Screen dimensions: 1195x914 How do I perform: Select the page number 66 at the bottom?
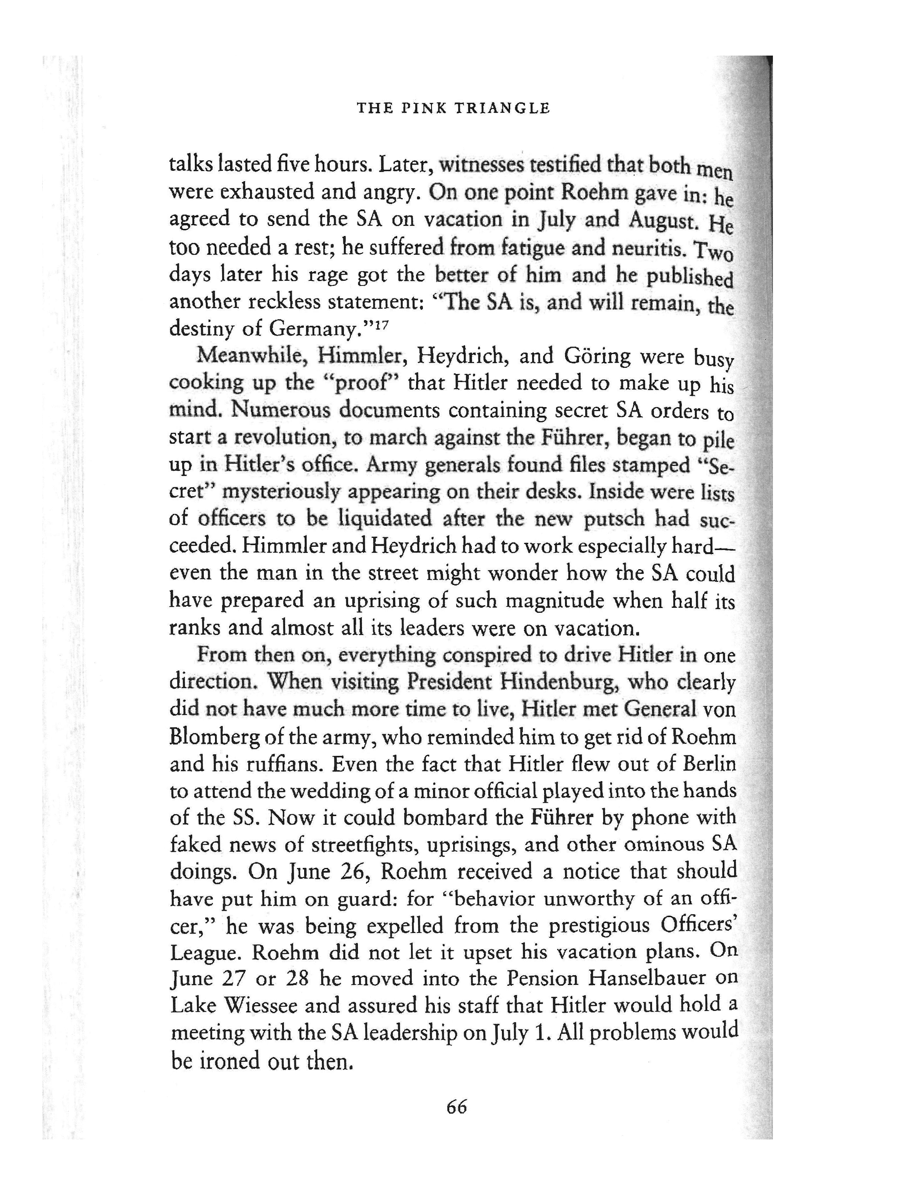(x=456, y=1107)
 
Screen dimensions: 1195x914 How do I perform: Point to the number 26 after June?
(x=355, y=872)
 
